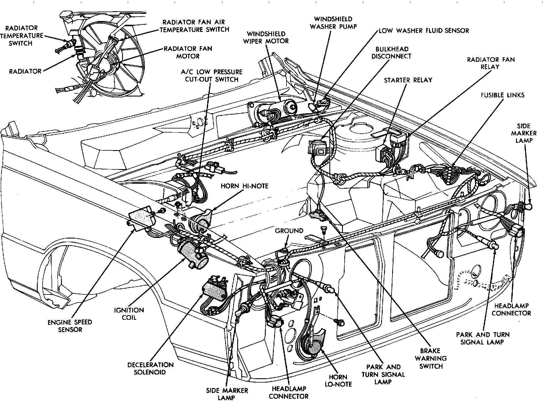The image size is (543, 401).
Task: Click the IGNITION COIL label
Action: pyautogui.click(x=129, y=314)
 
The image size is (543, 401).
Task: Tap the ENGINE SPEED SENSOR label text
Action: pyautogui.click(x=70, y=326)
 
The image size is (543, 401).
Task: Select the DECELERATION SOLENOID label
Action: pyautogui.click(x=150, y=368)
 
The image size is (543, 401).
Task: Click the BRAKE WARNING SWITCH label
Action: pyautogui.click(x=431, y=359)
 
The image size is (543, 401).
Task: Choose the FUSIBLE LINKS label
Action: pyautogui.click(x=502, y=95)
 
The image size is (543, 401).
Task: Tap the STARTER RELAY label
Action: pyautogui.click(x=408, y=80)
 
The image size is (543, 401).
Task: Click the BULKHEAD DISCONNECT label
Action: pyautogui.click(x=391, y=53)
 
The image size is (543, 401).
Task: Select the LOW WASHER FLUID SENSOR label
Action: pyautogui.click(x=424, y=31)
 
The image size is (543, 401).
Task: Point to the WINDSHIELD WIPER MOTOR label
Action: pyautogui.click(x=266, y=37)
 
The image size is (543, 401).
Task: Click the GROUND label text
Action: pyautogui.click(x=289, y=231)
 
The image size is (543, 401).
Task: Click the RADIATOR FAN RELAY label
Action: pyautogui.click(x=491, y=63)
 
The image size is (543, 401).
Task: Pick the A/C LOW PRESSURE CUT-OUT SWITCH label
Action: pyautogui.click(x=212, y=75)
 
